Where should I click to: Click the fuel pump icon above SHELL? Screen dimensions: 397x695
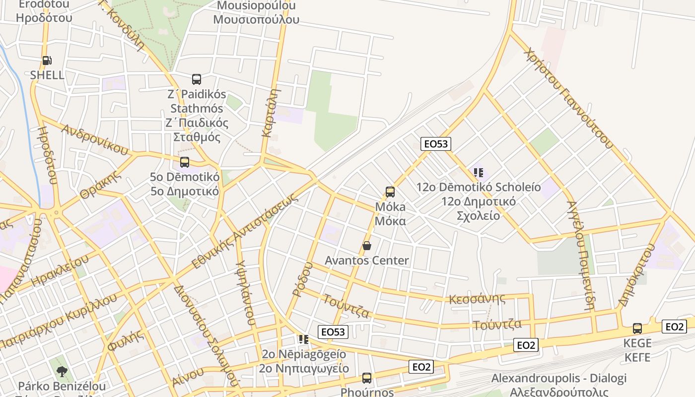(x=47, y=61)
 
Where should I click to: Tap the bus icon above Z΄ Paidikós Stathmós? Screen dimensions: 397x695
(x=197, y=79)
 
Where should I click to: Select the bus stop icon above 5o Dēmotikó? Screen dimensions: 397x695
(x=185, y=162)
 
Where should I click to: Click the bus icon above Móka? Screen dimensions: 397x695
(x=390, y=192)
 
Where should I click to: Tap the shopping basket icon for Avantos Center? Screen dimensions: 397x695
(x=367, y=246)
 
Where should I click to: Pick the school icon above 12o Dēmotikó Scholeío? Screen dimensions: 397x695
(x=479, y=173)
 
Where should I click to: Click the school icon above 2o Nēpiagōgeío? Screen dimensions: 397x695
(x=303, y=339)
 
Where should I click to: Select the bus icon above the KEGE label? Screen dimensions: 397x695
(x=637, y=328)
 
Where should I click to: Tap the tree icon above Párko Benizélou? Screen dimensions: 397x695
(x=62, y=371)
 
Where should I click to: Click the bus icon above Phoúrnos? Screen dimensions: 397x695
(x=367, y=378)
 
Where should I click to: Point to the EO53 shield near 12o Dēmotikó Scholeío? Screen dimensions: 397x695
(x=436, y=144)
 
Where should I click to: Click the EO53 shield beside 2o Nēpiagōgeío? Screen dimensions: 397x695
(x=333, y=331)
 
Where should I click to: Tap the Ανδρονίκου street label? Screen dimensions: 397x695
(x=94, y=139)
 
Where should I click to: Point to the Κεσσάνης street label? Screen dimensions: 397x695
(x=477, y=299)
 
